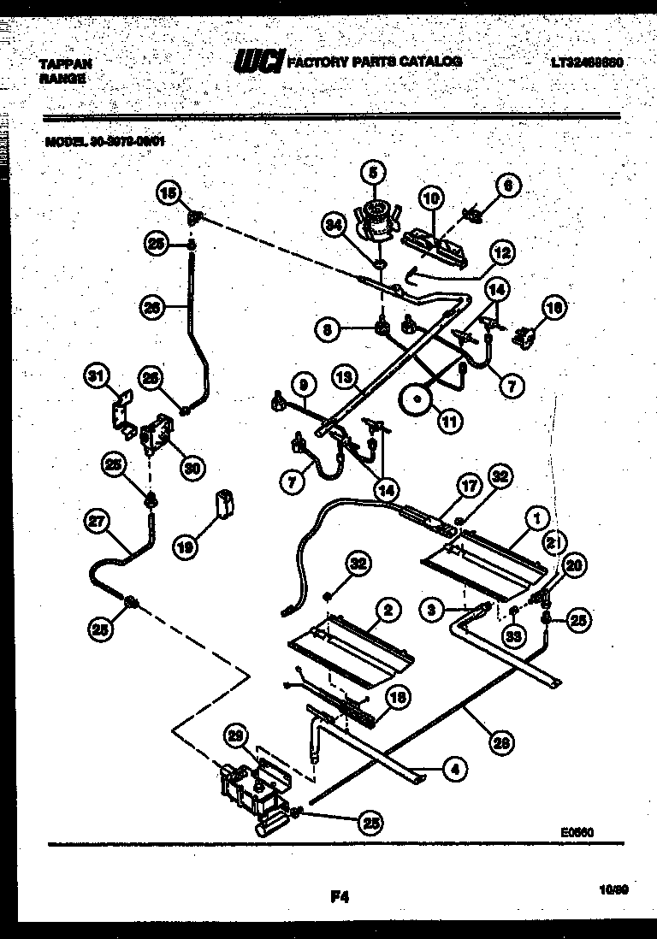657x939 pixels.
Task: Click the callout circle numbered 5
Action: [371, 171]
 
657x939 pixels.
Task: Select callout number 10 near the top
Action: [431, 198]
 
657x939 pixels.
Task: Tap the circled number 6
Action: [507, 184]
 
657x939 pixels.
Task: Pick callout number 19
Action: [185, 546]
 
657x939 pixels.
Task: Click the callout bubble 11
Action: [447, 419]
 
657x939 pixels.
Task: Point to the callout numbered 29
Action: [238, 736]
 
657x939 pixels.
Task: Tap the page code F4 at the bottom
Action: [339, 897]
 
